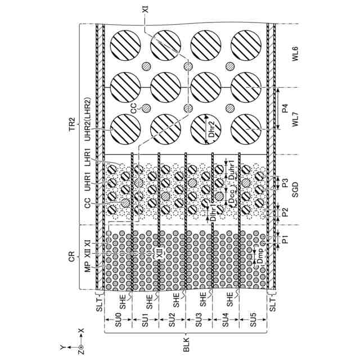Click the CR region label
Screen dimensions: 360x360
click(x=71, y=256)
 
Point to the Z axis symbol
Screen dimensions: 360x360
click(x=80, y=348)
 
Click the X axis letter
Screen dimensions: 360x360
click(x=80, y=331)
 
